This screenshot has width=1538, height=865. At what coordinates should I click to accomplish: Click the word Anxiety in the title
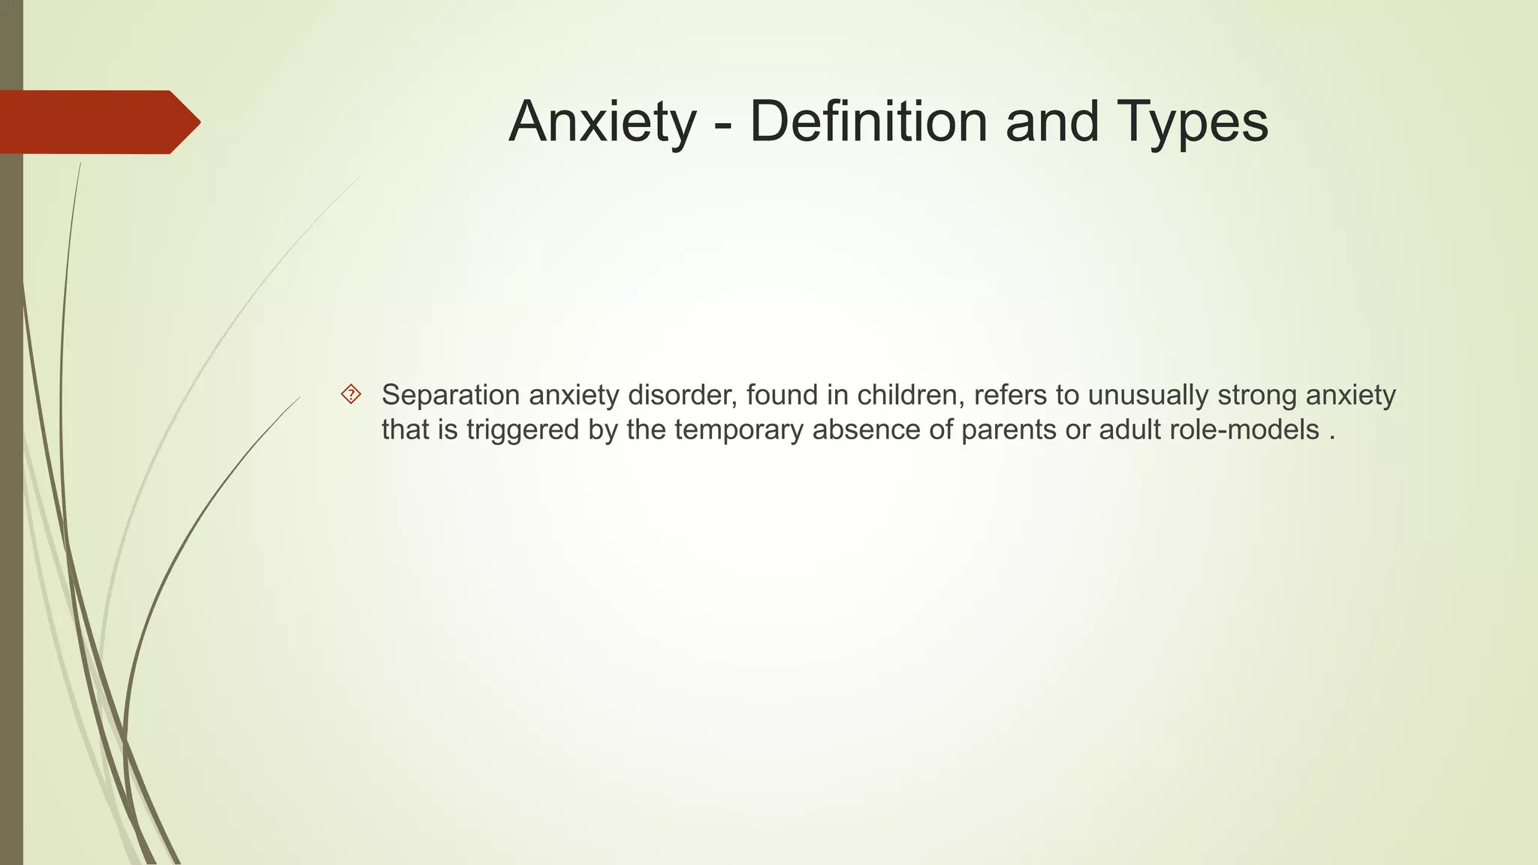pyautogui.click(x=602, y=122)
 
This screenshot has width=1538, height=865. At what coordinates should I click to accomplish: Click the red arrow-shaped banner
pyautogui.click(x=98, y=122)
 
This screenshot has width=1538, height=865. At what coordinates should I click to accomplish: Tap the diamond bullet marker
pyautogui.click(x=351, y=394)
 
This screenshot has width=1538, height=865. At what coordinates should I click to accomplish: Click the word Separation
pyautogui.click(x=451, y=396)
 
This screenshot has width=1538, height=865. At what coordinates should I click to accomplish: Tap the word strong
pyautogui.click(x=1257, y=396)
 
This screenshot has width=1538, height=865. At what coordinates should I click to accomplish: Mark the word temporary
pyautogui.click(x=739, y=431)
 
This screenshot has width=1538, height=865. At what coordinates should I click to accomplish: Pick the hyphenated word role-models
pyautogui.click(x=1244, y=430)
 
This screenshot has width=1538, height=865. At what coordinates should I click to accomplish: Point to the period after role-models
pyautogui.click(x=1331, y=438)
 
